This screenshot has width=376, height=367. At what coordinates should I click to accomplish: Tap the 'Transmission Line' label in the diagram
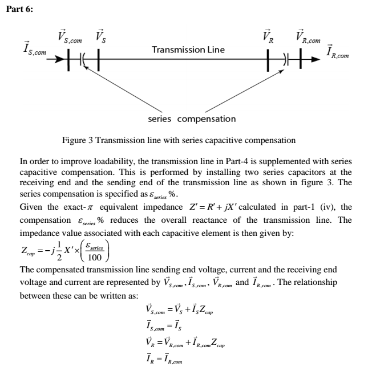click(x=188, y=50)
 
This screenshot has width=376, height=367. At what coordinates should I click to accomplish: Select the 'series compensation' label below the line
click(x=191, y=119)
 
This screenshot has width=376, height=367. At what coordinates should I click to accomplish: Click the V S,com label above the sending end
click(x=69, y=38)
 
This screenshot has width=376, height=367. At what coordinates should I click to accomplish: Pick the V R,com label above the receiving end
click(x=308, y=38)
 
